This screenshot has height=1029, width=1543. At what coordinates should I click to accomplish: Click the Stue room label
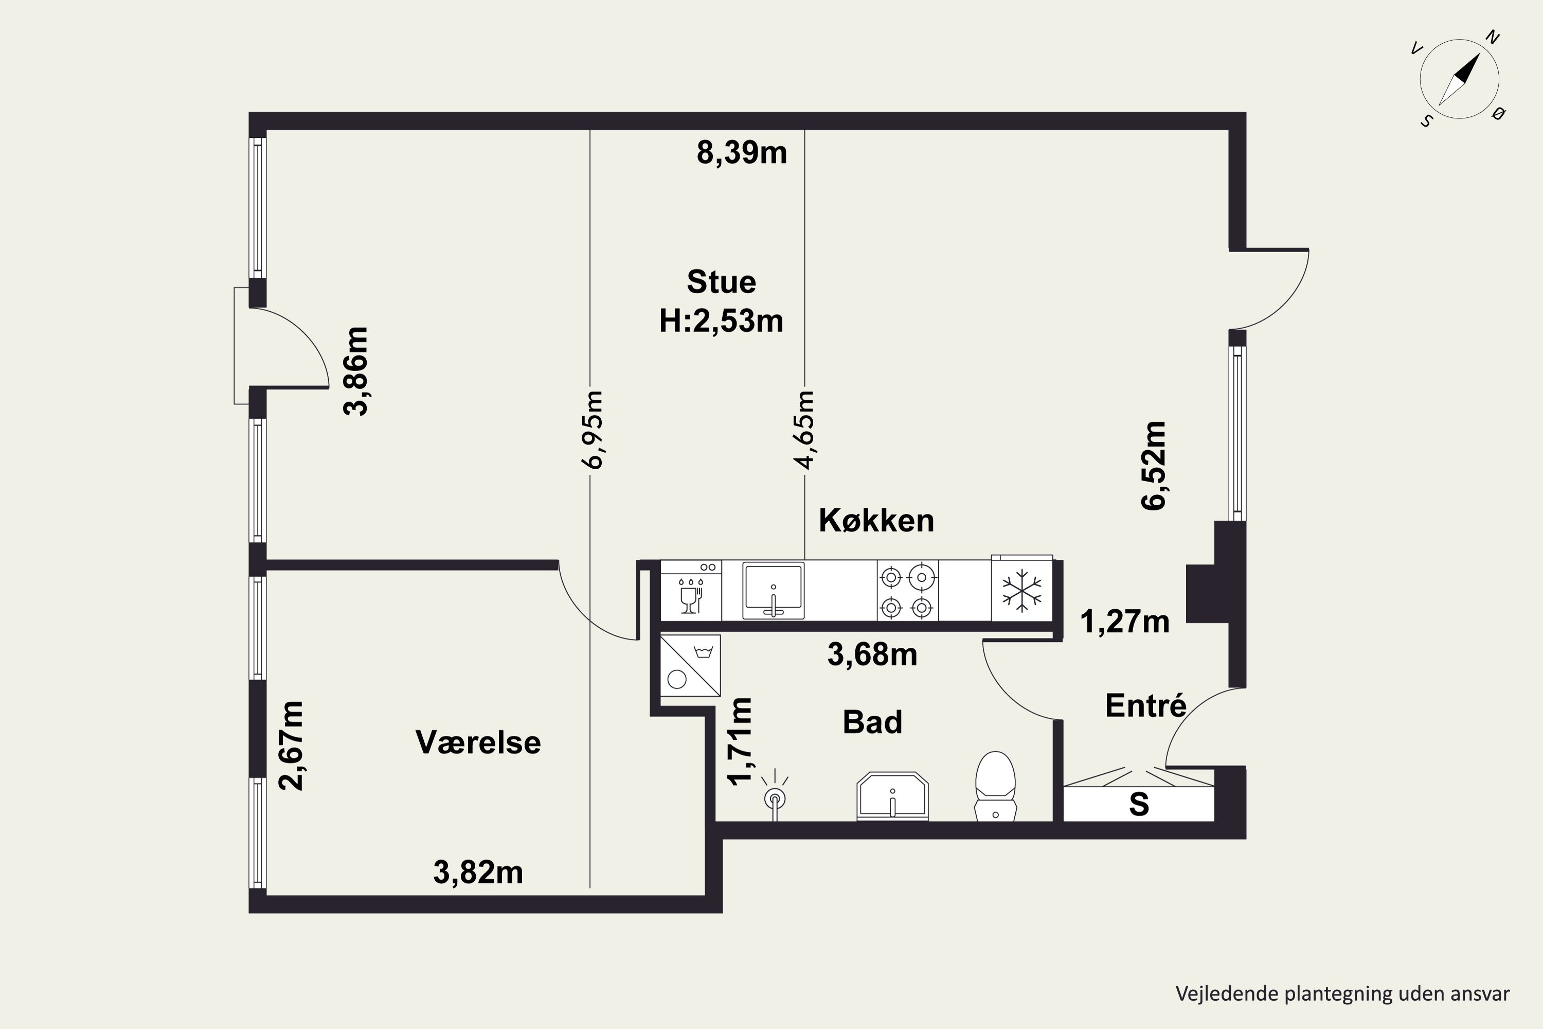721,282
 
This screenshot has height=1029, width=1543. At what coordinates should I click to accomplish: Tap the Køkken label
876,520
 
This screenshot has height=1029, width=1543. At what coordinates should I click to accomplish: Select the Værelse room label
478,742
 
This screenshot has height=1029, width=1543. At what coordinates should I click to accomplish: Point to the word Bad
872,722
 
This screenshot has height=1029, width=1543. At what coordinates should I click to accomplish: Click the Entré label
1145,705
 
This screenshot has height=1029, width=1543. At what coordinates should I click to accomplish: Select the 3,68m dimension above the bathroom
872,654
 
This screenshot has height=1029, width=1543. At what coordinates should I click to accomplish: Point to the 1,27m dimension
1124,622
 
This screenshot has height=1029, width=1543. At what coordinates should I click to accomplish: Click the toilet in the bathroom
995,786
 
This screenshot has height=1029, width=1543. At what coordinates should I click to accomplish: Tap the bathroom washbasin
892,796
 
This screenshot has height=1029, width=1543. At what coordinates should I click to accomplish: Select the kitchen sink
774,590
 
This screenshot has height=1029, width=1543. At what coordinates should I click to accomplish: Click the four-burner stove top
907,591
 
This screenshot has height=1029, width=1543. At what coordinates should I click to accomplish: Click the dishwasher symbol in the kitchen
691,591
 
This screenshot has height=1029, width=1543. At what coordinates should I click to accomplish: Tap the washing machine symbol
690,665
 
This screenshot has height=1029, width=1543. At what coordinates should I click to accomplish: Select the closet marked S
1138,803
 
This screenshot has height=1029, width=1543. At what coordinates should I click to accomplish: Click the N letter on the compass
1493,38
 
